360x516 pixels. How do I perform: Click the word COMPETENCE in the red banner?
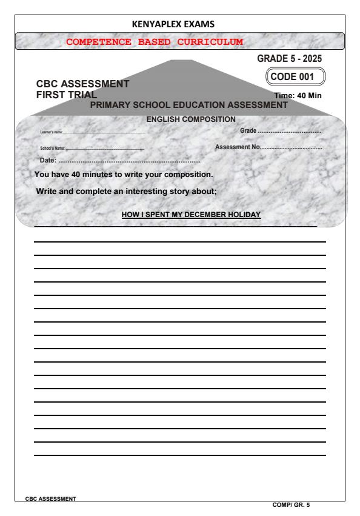[x=97, y=42]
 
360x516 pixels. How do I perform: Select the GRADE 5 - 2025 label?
[x=290, y=59]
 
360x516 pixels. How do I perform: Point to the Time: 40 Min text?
[x=298, y=96]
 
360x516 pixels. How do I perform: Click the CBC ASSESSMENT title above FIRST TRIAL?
[x=83, y=85]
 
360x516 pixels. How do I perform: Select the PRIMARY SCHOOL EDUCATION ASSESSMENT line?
[x=188, y=105]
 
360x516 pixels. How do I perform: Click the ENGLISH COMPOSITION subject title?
[x=191, y=119]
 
